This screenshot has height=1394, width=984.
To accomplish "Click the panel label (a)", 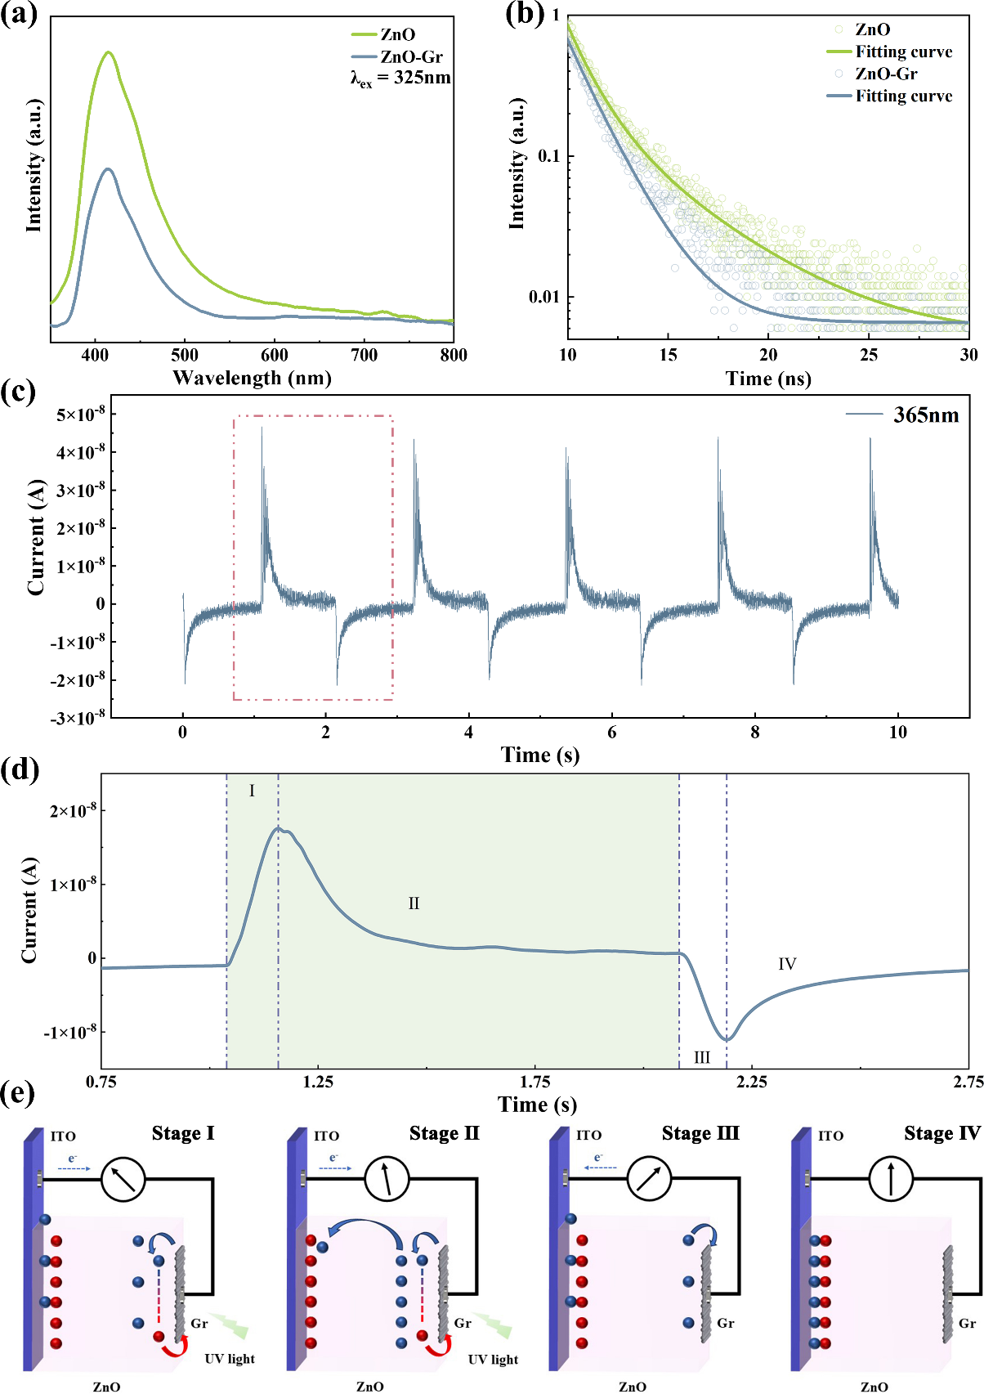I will pyautogui.click(x=20, y=15).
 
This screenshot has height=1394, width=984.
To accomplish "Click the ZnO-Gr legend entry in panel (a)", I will pyautogui.click(x=411, y=57).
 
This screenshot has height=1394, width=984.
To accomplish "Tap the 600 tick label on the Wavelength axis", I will pyautogui.click(x=275, y=355).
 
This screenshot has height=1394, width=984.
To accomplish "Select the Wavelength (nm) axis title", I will pyautogui.click(x=252, y=378).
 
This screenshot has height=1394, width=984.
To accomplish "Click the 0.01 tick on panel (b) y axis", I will pyautogui.click(x=544, y=297).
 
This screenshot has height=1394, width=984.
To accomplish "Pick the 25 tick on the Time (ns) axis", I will pyautogui.click(x=869, y=355).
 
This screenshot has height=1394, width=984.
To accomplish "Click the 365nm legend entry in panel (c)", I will pyautogui.click(x=925, y=415).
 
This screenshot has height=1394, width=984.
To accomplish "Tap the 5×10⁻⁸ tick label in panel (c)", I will pyautogui.click(x=80, y=415).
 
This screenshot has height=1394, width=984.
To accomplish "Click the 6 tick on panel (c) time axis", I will pyautogui.click(x=612, y=733).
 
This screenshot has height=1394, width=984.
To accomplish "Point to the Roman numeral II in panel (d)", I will pyautogui.click(x=414, y=903).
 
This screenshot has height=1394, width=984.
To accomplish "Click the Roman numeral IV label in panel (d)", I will pyautogui.click(x=787, y=965).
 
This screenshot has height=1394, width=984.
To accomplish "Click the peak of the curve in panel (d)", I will pyautogui.click(x=279, y=828).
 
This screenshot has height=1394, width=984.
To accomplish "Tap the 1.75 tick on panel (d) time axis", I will pyautogui.click(x=535, y=1082).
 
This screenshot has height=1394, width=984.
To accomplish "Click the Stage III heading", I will pyautogui.click(x=700, y=1133).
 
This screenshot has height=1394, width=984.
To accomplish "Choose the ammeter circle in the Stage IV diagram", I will pyautogui.click(x=891, y=1179).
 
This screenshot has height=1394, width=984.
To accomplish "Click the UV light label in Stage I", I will pyautogui.click(x=230, y=1359).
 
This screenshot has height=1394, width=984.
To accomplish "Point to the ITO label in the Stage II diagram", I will pyautogui.click(x=327, y=1136).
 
